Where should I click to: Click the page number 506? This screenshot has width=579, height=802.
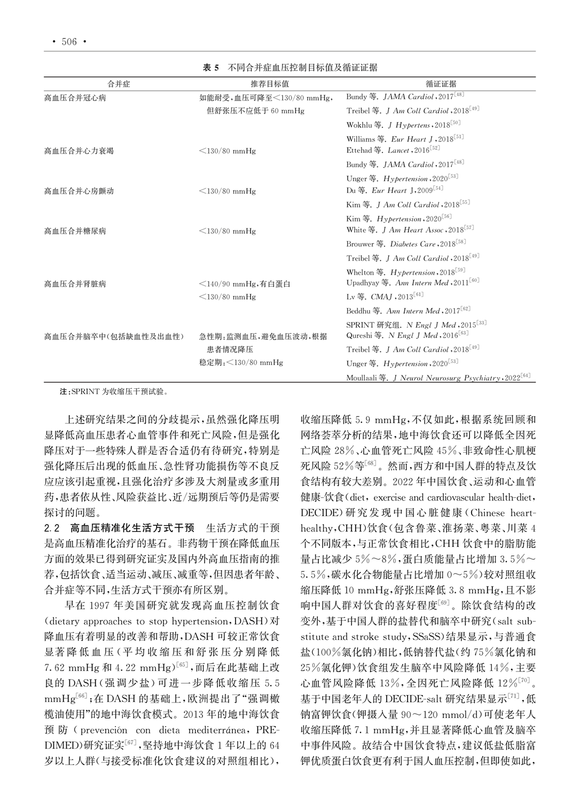69,42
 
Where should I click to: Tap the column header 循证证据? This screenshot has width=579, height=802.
441,84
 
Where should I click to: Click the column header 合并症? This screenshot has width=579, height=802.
119,84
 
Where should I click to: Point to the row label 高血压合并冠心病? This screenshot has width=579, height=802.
75,98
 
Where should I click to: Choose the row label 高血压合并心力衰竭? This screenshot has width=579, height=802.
79,151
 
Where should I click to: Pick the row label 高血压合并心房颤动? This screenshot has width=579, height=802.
79,191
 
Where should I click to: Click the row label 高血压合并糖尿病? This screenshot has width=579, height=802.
75,231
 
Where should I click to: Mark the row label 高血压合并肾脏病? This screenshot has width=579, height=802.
75,284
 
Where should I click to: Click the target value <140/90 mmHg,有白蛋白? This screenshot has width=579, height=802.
245,284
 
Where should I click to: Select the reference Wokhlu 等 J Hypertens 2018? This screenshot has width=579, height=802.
403,125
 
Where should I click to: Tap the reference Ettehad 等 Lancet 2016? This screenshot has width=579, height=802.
393,151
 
